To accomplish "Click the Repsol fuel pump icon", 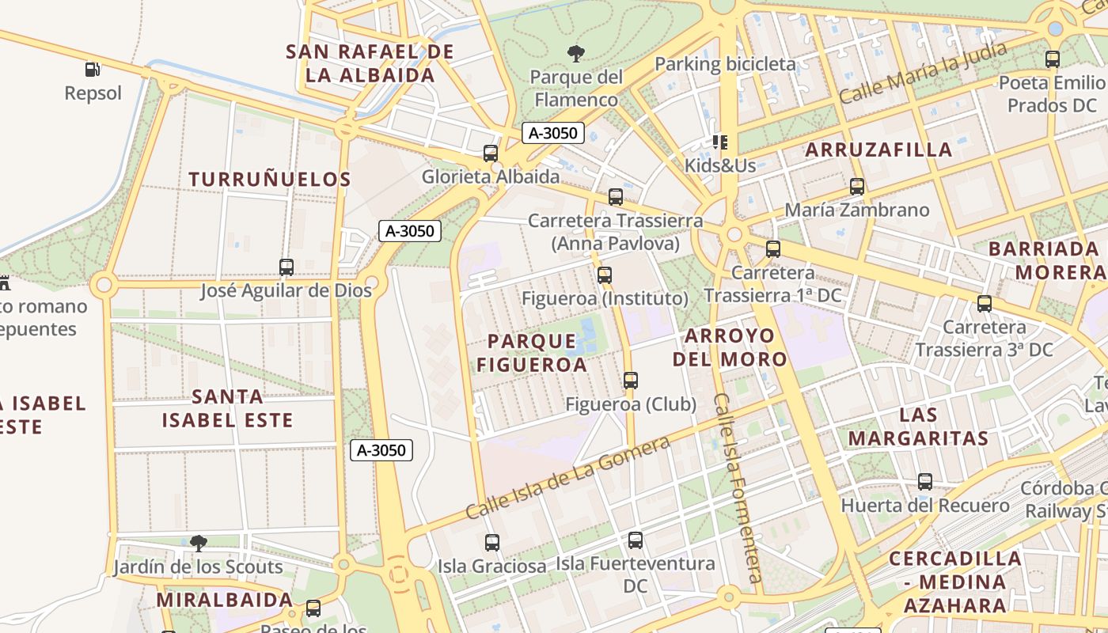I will pos(93,70).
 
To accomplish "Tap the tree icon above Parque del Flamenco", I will pos(576,54).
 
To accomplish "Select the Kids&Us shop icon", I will pos(719,142).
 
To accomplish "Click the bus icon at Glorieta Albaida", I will pos(491,153).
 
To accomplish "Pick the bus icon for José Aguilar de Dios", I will pos(286,267).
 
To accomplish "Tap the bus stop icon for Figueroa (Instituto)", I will pos(605,275).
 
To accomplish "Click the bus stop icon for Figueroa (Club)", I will pos(630,381).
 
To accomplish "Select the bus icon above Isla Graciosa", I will pos(492,543).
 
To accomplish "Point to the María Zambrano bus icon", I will pos(856,187).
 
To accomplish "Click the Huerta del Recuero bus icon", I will pos(924,481).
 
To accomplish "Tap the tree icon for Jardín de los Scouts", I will pos(198,544).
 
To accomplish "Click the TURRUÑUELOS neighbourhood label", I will pos(270,180).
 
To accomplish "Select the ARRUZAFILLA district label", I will pos(878,150).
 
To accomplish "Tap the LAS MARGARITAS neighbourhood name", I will pos(919,426).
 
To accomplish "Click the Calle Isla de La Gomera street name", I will pos(567,477).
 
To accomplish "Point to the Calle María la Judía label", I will pos(922,73).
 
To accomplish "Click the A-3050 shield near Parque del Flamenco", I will pos(553,133).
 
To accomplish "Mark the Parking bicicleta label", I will pos(725,64).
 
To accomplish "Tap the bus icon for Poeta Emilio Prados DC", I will pos(1052,59).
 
